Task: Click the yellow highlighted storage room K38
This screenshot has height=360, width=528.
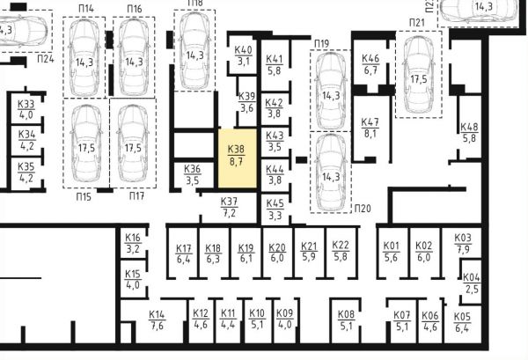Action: (238, 158)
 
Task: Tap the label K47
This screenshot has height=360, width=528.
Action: (370, 122)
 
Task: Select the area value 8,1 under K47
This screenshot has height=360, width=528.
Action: (370, 134)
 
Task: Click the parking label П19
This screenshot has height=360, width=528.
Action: (321, 44)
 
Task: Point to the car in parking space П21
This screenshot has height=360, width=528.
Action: (419, 75)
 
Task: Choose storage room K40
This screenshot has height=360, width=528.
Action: (243, 55)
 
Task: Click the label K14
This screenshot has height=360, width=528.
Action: (157, 315)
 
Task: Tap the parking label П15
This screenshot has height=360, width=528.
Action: (84, 196)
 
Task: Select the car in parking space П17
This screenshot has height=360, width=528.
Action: (133, 143)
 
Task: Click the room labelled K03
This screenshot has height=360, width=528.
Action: (463, 243)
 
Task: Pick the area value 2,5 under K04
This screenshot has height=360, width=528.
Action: (472, 289)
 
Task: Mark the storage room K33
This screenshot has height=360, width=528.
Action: (26, 109)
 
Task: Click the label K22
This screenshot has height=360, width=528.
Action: (341, 245)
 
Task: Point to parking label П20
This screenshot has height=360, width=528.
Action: (363, 209)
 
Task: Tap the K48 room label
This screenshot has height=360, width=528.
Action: (469, 127)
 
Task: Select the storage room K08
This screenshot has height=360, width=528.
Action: (346, 320)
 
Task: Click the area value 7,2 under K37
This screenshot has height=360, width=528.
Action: (229, 213)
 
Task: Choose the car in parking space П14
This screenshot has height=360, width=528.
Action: (84, 57)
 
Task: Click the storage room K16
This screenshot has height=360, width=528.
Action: (133, 243)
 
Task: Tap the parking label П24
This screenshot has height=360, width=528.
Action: (46, 59)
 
